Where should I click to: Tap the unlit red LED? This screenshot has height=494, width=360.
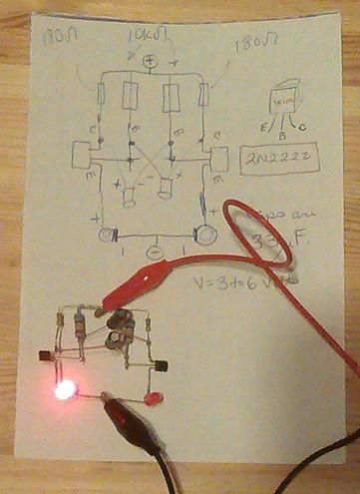(x=153, y=399)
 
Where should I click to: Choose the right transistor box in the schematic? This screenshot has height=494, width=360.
(x=218, y=160)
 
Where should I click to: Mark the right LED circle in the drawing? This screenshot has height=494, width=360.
(x=205, y=236)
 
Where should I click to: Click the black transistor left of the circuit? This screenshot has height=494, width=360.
(x=45, y=355)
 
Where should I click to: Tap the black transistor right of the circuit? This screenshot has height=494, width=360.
(x=161, y=371)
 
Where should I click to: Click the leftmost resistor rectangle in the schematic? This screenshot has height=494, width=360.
(x=102, y=95)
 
